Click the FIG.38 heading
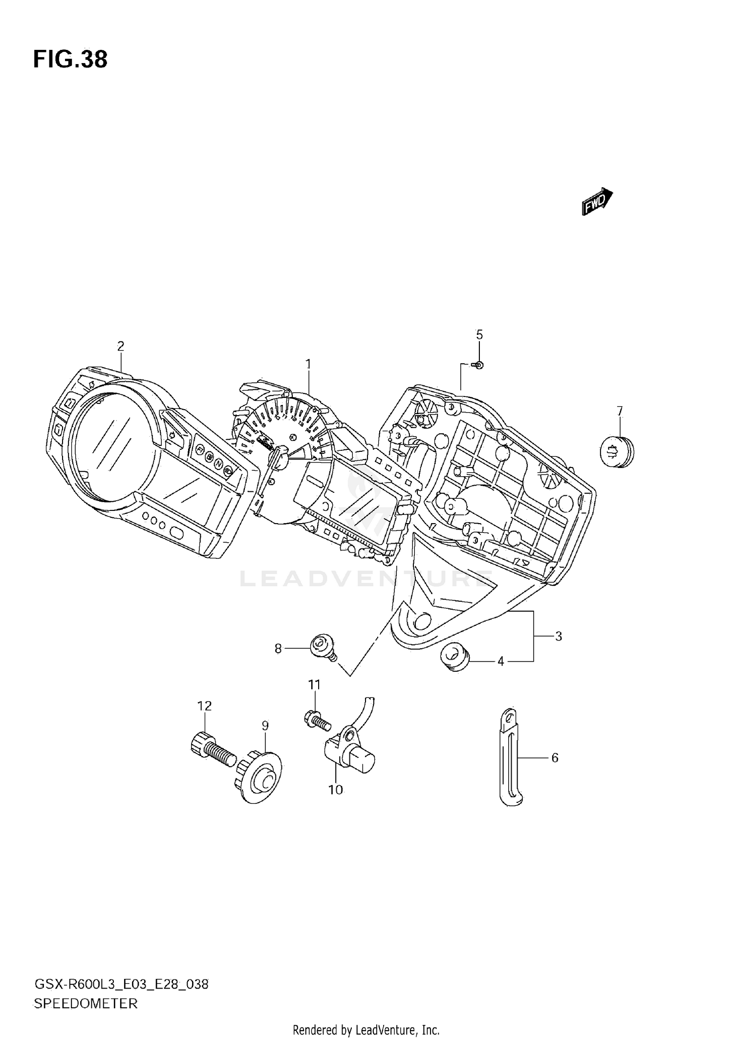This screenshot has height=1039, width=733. (x=70, y=60)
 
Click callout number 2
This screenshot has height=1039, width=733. (x=121, y=346)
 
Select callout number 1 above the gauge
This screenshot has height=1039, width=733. (x=308, y=364)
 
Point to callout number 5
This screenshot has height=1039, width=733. (x=479, y=335)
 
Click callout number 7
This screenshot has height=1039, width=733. (x=620, y=411)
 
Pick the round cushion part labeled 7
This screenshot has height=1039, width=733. (x=616, y=452)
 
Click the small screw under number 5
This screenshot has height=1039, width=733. (x=478, y=365)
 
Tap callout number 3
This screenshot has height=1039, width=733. (x=559, y=636)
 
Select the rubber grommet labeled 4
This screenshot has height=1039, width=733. (x=455, y=657)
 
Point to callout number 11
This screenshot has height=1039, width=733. (x=314, y=685)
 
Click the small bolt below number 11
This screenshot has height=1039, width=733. (x=317, y=720)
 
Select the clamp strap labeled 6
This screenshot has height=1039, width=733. (x=509, y=758)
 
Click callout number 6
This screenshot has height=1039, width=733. (x=555, y=757)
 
